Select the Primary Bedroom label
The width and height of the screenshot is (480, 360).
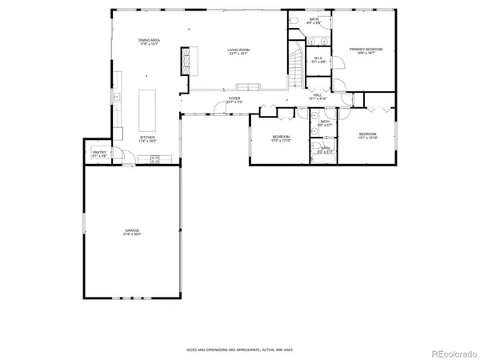coord(366,51)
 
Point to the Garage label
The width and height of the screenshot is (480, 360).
coord(131,232)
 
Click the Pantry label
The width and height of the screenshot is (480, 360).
coord(99,154)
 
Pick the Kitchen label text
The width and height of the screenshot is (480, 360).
coord(147,139)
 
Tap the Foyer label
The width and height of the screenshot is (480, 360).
coord(234,100)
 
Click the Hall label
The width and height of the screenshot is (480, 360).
coord(318,97)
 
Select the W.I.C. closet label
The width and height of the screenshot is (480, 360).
coord(318,60)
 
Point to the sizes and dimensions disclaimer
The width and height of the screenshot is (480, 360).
coord(239,350)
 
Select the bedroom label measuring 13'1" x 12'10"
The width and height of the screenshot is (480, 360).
coord(367,135)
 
